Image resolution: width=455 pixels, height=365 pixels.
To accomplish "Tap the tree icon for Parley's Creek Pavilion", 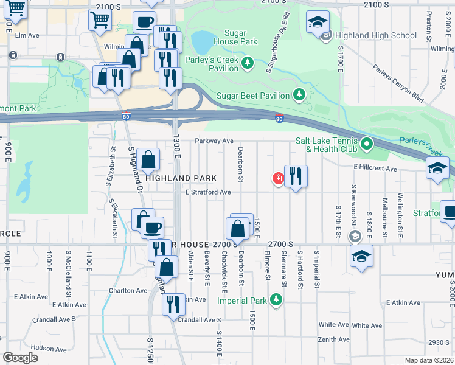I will click(x=248, y=63).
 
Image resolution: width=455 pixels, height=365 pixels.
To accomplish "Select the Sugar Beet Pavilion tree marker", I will click(x=299, y=94).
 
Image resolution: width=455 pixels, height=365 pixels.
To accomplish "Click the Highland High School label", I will click(x=376, y=35).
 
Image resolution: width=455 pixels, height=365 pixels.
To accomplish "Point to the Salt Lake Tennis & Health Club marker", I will click(x=367, y=144).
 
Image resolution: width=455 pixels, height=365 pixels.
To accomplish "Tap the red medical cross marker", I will click(x=278, y=178).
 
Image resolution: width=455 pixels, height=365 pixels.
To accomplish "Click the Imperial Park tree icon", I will click(x=276, y=299).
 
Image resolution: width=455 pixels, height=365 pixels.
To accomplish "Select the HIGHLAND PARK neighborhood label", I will click(x=181, y=178).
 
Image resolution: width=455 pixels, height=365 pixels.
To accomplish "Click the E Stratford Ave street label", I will click(x=208, y=192).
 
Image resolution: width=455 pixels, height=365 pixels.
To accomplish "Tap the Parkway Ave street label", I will click(x=214, y=141).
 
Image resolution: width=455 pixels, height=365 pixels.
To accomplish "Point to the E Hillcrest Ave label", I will click(x=375, y=169).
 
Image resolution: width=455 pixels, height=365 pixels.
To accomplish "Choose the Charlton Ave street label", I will click(x=125, y=290).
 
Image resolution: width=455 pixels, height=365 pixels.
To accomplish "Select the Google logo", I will click(x=20, y=358).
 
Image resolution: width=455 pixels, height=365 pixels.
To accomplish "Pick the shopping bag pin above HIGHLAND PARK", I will click(x=148, y=161).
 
